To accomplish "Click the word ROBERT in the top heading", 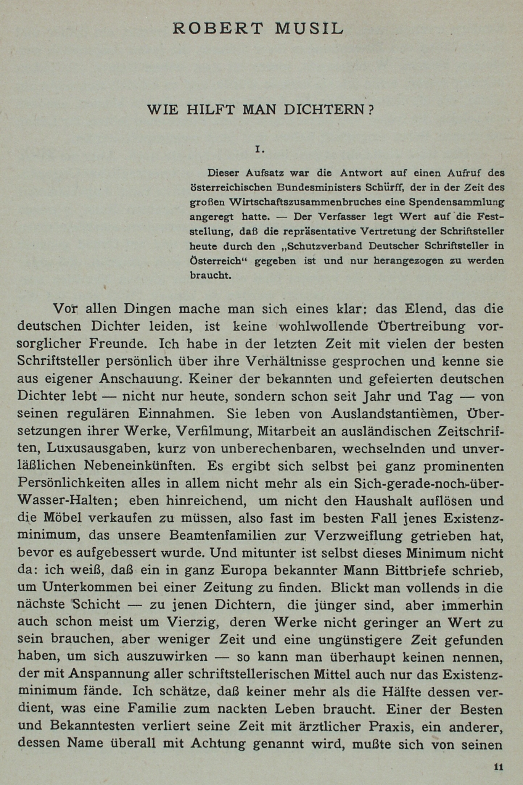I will [x=218, y=29].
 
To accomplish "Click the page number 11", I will [x=498, y=767].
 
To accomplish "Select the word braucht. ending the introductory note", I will [x=211, y=275].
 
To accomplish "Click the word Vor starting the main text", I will [x=65, y=308].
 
